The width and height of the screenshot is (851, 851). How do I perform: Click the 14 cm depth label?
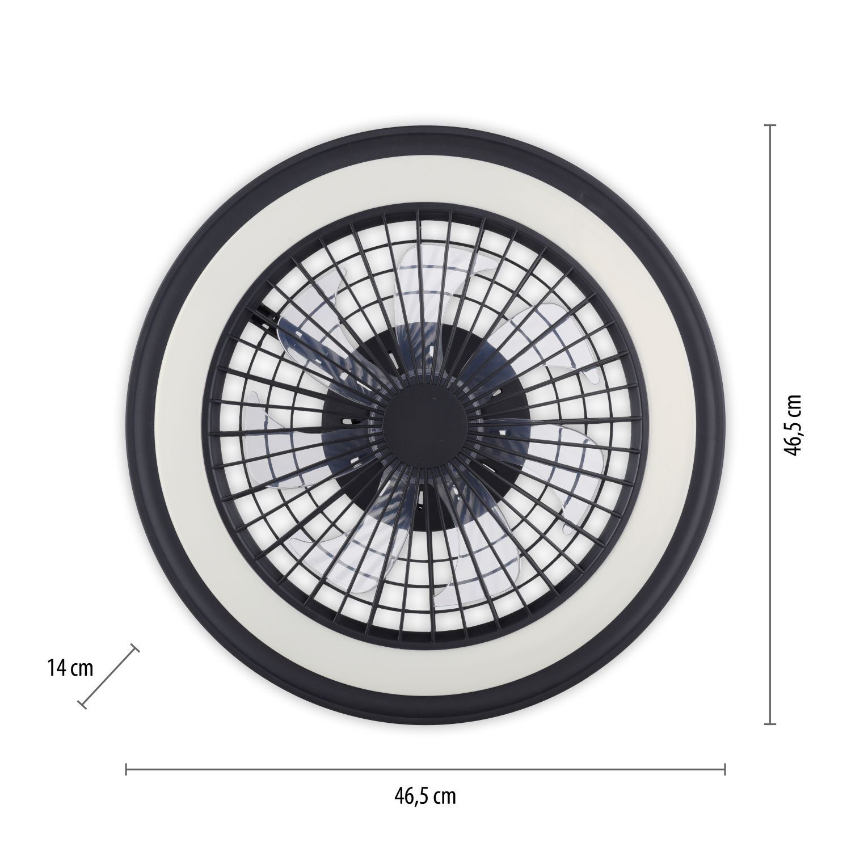click(70, 668)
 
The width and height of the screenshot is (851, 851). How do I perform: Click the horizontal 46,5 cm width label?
click(425, 797)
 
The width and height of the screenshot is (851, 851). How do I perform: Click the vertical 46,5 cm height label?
click(793, 425)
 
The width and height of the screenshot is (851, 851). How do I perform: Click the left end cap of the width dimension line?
click(126, 769)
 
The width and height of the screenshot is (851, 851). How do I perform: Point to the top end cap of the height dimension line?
click(769, 125)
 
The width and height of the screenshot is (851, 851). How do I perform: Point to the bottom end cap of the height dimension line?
click(769, 724)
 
